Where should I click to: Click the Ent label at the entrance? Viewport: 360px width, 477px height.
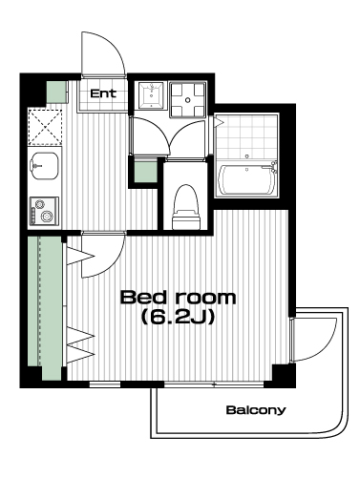click(x=103, y=93)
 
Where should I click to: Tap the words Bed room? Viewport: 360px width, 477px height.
click(x=178, y=298)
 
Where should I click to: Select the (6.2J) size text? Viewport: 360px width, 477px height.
click(x=178, y=317)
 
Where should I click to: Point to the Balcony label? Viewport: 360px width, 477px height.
click(x=256, y=410)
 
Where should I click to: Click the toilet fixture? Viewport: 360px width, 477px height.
click(x=186, y=207)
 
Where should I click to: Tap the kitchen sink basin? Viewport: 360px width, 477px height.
click(x=45, y=165)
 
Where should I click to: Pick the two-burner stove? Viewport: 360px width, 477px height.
click(x=44, y=211)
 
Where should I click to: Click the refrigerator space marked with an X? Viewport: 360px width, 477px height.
click(x=45, y=127)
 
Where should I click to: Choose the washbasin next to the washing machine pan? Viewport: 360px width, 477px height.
click(x=151, y=95)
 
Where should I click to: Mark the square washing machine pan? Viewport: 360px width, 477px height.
click(x=187, y=100)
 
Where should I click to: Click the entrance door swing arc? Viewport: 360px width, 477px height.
click(x=112, y=45)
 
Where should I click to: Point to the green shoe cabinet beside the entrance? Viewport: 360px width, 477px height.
click(x=56, y=92)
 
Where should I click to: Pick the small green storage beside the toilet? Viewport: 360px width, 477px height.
click(x=145, y=172)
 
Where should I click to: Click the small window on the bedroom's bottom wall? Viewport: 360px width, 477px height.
click(x=105, y=384)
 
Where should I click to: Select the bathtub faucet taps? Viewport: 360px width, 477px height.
click(x=273, y=168)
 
